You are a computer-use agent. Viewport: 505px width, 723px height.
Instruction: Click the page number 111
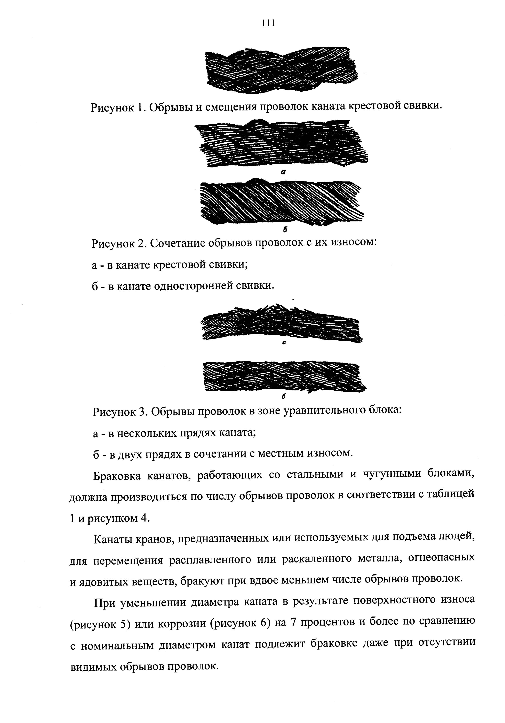click(x=268, y=23)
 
